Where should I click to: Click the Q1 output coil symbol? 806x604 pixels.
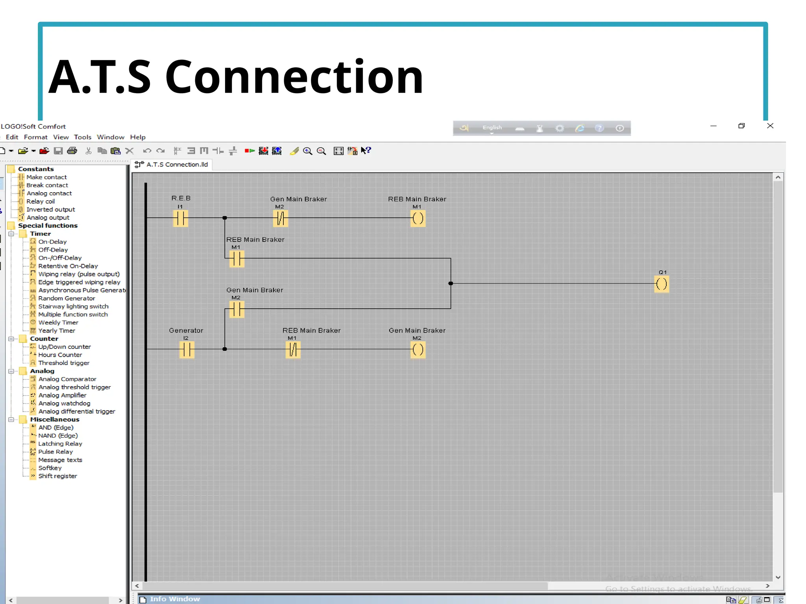662,284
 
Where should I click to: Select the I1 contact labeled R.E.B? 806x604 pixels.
181,218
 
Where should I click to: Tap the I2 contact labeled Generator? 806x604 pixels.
187,350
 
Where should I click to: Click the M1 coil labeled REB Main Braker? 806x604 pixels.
418,218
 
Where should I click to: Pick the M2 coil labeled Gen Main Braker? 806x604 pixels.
418,350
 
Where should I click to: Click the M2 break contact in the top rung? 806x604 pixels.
281,218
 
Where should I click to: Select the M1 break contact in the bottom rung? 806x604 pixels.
293,350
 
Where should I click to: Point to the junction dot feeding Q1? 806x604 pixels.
451,284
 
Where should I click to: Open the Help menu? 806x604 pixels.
138,137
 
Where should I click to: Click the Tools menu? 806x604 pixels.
83,137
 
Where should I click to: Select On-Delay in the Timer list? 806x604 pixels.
52,242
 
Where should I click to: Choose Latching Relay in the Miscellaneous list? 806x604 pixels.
60,444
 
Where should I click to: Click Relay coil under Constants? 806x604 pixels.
41,201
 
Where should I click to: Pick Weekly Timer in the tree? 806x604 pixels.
58,322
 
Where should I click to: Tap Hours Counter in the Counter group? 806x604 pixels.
60,355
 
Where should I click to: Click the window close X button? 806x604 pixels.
770,126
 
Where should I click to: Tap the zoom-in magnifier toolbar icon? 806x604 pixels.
307,151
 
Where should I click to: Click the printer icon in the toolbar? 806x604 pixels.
72,151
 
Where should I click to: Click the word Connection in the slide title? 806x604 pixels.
294,77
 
